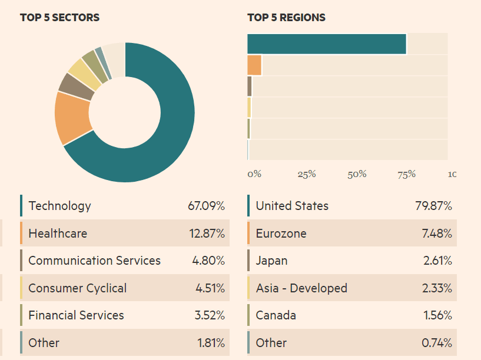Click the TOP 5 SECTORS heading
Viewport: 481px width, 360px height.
tap(59, 18)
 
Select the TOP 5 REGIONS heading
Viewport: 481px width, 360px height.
tap(286, 18)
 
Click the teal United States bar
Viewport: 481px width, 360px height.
tap(327, 44)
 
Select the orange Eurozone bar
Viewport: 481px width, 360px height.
tap(254, 65)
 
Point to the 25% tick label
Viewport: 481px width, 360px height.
tap(307, 174)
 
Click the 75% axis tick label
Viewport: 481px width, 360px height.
tap(407, 174)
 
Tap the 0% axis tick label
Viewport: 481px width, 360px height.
tap(254, 174)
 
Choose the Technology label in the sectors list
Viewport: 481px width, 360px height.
tap(59, 206)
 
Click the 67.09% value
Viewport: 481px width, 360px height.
tap(206, 206)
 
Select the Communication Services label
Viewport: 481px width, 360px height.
tap(94, 261)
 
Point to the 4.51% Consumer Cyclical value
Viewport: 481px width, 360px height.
tap(210, 288)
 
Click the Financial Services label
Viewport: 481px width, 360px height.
tap(76, 315)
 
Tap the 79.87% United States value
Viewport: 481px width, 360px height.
tap(433, 206)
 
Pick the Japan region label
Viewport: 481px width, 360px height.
tap(271, 261)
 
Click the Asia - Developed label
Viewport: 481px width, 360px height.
tap(301, 288)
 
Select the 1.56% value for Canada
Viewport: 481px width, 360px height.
tap(437, 315)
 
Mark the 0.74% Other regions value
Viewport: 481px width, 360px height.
tap(437, 342)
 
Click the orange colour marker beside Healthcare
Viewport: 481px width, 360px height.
tap(21, 233)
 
